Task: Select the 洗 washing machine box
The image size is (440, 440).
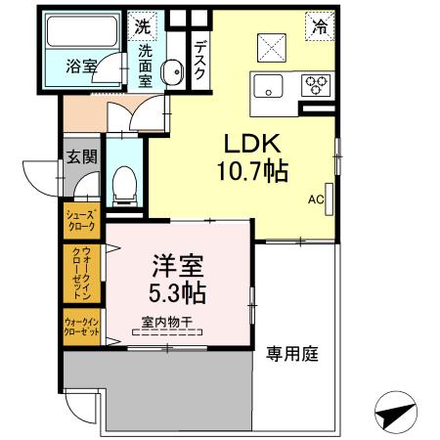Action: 144,25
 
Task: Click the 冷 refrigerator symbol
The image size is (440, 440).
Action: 320,26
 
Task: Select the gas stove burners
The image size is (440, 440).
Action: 316,84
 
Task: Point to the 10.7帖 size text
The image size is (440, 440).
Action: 251,173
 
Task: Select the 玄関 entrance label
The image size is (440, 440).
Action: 81,155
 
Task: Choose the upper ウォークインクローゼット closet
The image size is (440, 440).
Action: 81,274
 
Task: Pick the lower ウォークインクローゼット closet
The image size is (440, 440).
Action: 81,327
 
